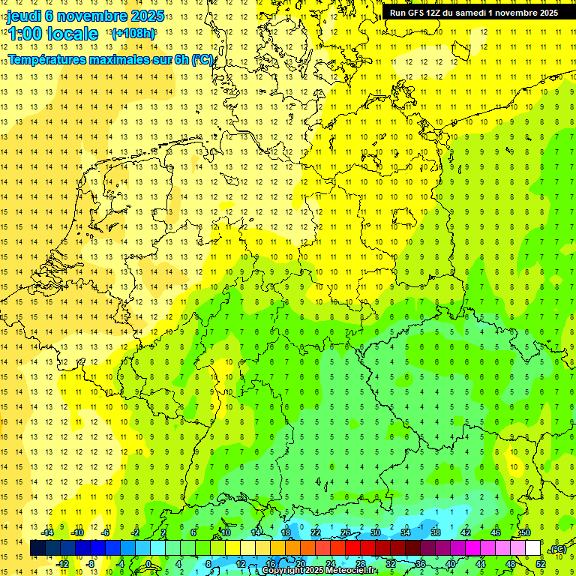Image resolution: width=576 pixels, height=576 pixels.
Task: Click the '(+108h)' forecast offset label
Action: [x=133, y=34]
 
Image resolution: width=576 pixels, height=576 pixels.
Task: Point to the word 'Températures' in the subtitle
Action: [x=46, y=59]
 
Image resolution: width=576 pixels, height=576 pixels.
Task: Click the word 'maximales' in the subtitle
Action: [x=118, y=59]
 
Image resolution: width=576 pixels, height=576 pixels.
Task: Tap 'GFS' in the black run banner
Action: [x=417, y=13]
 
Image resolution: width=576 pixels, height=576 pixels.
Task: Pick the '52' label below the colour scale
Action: [x=541, y=564]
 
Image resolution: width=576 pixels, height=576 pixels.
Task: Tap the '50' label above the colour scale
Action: [x=526, y=532]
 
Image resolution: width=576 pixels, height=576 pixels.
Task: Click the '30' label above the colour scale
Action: [x=376, y=532]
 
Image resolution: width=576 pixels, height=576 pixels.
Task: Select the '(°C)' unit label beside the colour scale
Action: [x=557, y=549]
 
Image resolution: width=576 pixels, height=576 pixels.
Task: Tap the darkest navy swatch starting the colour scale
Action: [x=37, y=548]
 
